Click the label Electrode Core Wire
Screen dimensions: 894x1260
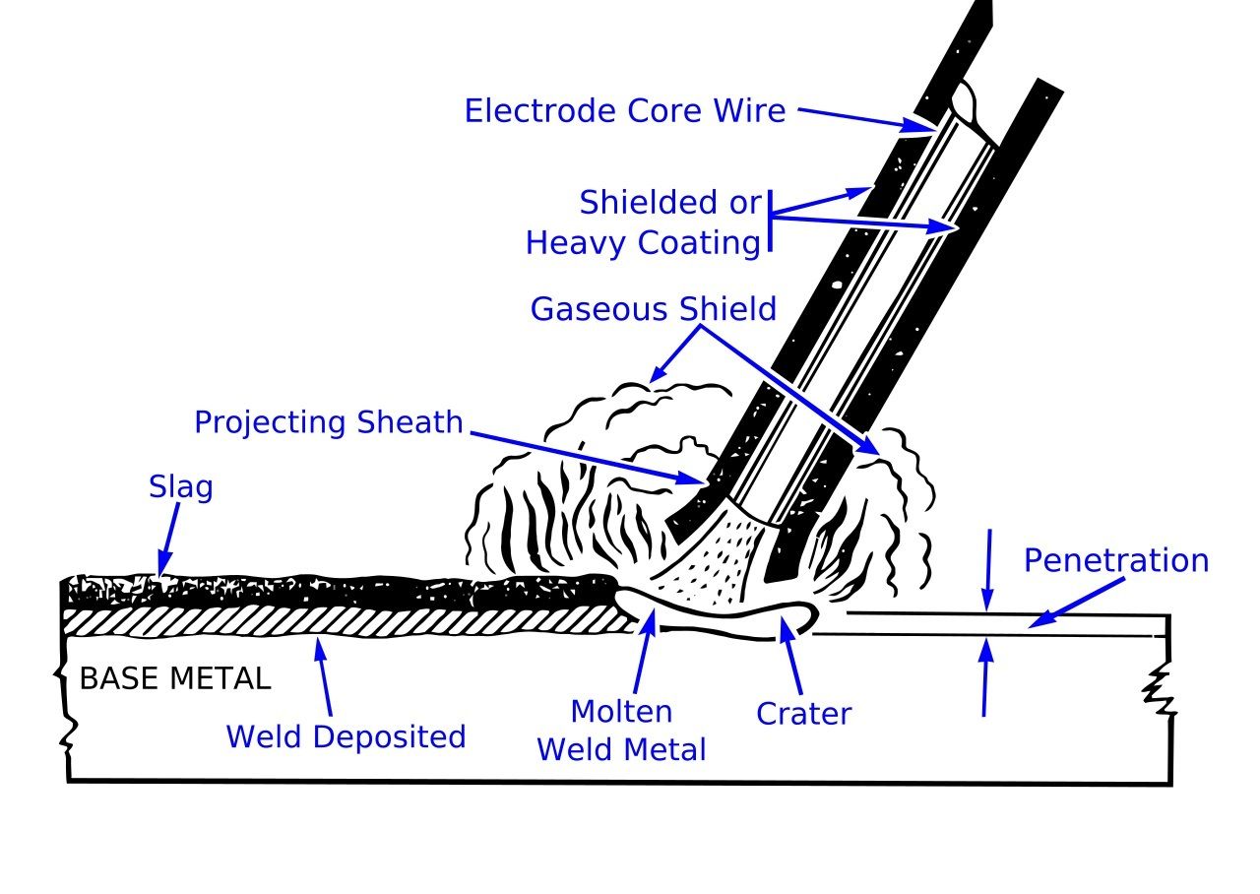coord(624,110)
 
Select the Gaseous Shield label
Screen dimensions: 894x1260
coord(654,309)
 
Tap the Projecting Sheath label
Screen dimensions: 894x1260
coord(328,422)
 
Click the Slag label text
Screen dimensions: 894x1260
coord(180,486)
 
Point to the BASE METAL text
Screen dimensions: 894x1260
coord(174,679)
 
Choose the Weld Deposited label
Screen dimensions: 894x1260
coord(346,736)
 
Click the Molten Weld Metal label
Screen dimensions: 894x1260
coord(621,731)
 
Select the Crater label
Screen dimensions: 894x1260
coord(803,713)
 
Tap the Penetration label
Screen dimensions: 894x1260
coord(1115,560)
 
